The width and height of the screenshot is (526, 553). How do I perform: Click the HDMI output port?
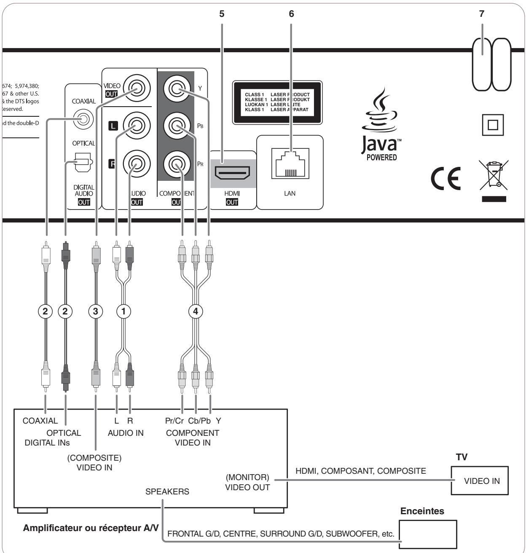[x=231, y=173]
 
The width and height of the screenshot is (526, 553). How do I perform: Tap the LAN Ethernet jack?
[x=290, y=163]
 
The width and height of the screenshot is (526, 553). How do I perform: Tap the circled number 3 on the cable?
[x=96, y=311]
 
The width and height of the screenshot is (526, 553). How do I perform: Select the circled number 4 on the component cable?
[x=195, y=311]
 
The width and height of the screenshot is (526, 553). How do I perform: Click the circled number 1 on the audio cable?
[x=123, y=311]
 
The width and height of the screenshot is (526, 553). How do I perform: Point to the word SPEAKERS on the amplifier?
[x=167, y=491]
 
